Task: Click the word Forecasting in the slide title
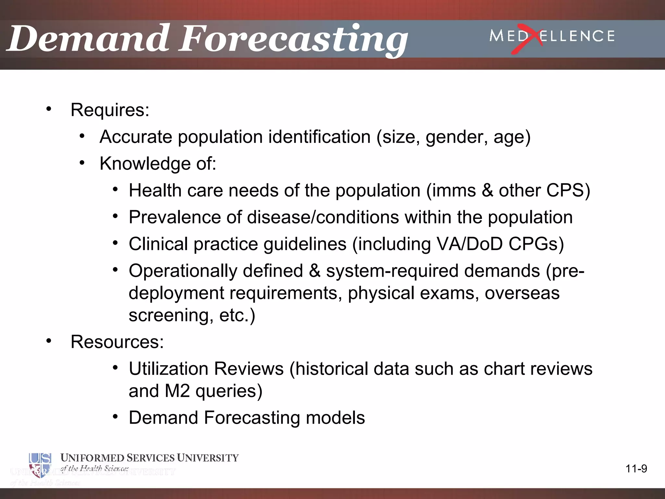coord(292,41)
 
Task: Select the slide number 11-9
coord(636,469)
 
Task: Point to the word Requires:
coord(110,110)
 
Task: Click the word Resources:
coord(117,342)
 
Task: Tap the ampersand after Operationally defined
coord(314,271)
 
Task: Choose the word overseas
coord(522,293)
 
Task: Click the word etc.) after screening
coord(237,315)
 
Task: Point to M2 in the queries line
coord(177,391)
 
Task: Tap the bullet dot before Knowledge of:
coord(82,163)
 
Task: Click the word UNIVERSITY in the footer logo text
coord(208,458)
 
